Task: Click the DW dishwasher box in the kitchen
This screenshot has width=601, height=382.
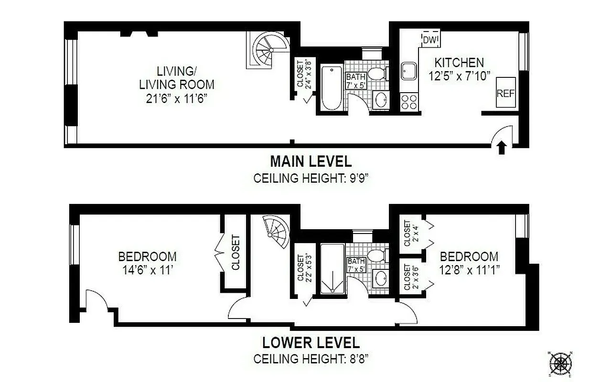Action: coord(431,39)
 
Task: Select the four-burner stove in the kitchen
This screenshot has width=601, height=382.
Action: coord(409,102)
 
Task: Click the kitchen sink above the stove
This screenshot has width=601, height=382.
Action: coord(409,72)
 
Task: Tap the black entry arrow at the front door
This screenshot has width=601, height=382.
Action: coord(501,148)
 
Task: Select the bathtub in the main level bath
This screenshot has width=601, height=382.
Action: coord(331,88)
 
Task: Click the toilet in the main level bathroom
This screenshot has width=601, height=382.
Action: coord(379,74)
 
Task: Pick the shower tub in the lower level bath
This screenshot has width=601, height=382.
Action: coord(331,269)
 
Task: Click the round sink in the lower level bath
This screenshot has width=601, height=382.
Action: coord(381,278)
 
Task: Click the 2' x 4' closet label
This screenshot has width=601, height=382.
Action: coord(407,233)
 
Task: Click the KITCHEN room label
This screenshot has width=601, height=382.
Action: coord(459,63)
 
